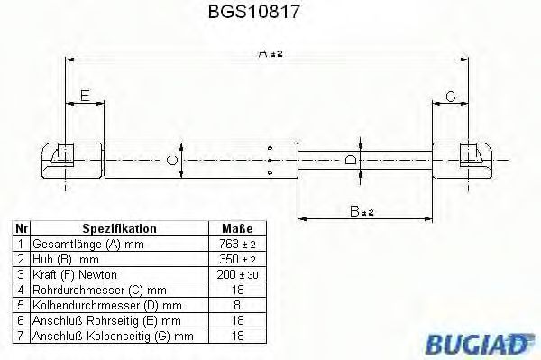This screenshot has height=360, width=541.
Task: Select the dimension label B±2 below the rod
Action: pos(362,212)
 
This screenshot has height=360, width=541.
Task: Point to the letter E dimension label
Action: pos(84,96)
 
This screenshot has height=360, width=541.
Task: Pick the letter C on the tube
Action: pos(171,162)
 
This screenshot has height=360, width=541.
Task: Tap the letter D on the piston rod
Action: pos(351,161)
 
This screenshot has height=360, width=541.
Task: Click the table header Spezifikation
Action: pos(119,229)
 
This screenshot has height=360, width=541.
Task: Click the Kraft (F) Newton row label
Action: pos(75,275)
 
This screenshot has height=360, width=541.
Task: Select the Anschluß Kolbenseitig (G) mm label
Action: pos(112,337)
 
